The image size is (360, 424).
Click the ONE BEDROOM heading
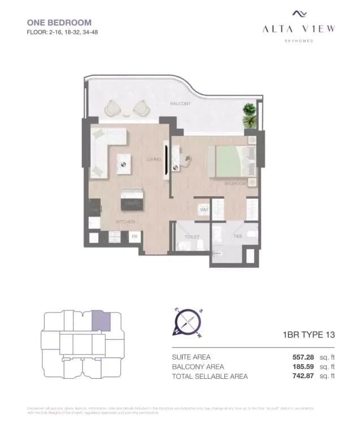click(59, 23)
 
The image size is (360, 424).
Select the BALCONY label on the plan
click(180, 104)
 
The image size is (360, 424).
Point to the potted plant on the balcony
click(249, 114)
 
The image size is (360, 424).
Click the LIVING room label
click(154, 159)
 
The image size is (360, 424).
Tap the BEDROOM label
click(235, 184)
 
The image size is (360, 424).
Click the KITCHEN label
click(125, 222)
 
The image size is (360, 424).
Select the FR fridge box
click(135, 237)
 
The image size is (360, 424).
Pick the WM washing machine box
click(203, 210)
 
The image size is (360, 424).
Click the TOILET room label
click(192, 237)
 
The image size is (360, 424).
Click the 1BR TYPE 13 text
click(309, 335)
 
